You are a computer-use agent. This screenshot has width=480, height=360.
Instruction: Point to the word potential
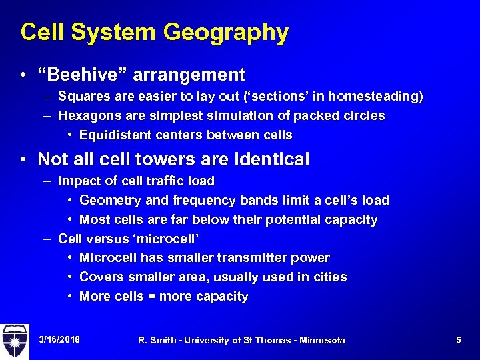coord(293,220)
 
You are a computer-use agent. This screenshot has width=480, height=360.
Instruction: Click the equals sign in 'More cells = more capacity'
coord(150,297)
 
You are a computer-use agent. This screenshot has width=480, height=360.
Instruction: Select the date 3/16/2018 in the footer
coord(59,340)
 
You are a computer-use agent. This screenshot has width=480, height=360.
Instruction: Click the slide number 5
coord(459,340)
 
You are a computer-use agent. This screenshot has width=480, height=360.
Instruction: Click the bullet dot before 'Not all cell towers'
coord(23,160)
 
